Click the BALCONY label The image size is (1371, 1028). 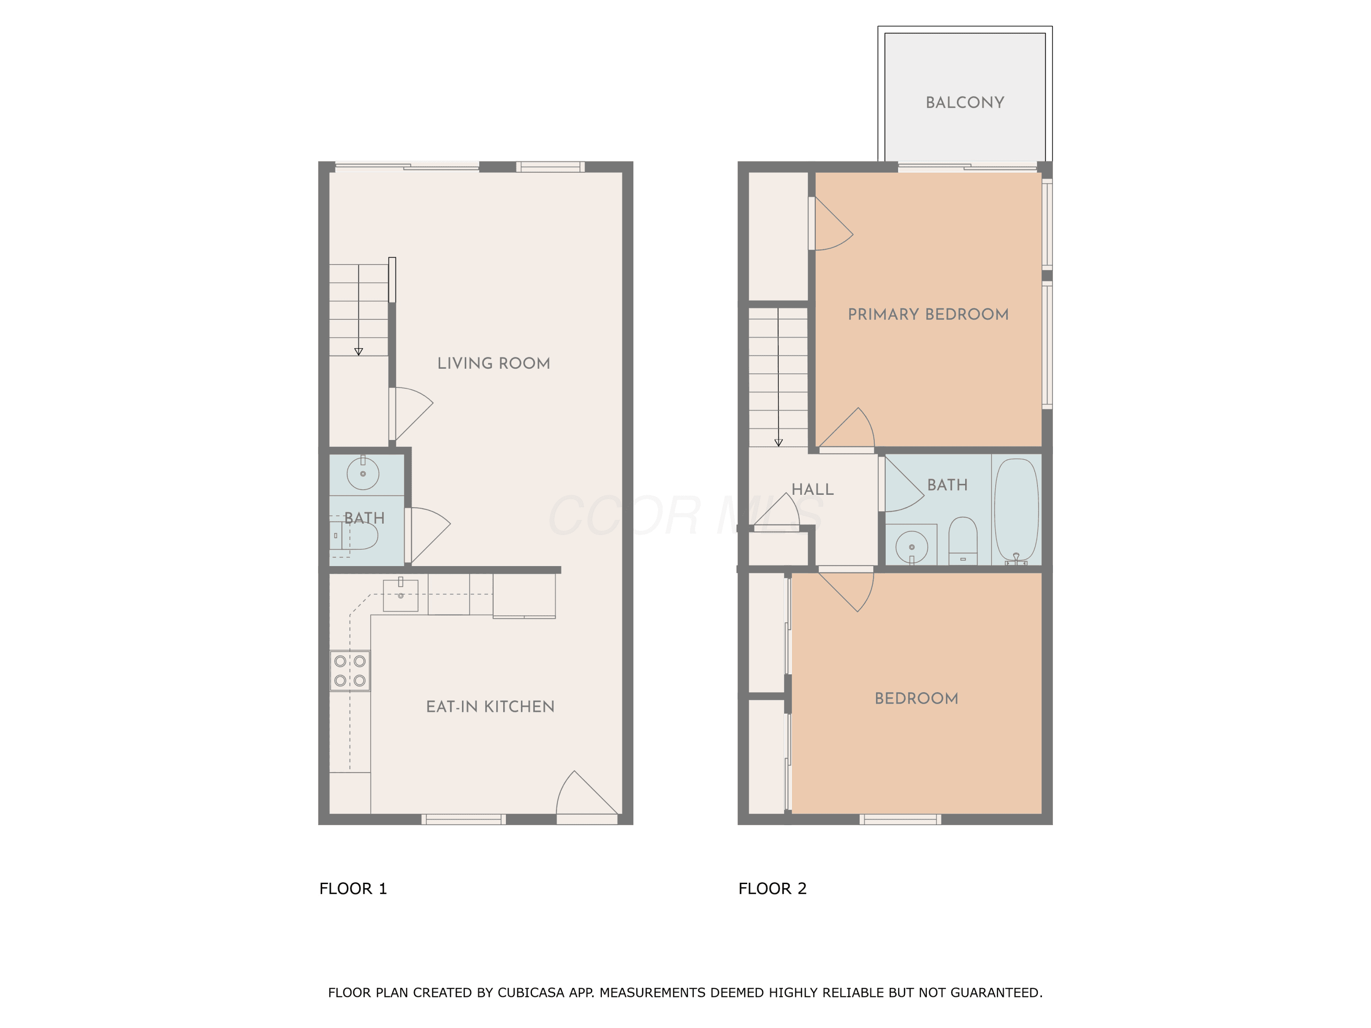point(964,103)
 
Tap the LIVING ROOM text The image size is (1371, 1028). point(494,364)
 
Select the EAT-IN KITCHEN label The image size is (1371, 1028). point(490,707)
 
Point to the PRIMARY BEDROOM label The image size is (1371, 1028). point(928,315)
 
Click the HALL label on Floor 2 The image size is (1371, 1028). point(813,489)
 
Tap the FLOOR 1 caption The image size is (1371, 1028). point(353,889)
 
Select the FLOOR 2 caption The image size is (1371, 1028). point(772,889)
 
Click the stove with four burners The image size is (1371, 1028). point(350,670)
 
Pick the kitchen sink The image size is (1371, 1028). point(400,595)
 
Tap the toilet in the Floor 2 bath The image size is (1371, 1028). point(963,541)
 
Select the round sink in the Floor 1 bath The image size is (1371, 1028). point(362,473)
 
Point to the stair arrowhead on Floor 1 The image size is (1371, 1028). point(358,351)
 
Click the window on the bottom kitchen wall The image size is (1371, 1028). point(463,819)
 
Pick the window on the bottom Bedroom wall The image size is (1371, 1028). point(900,819)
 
